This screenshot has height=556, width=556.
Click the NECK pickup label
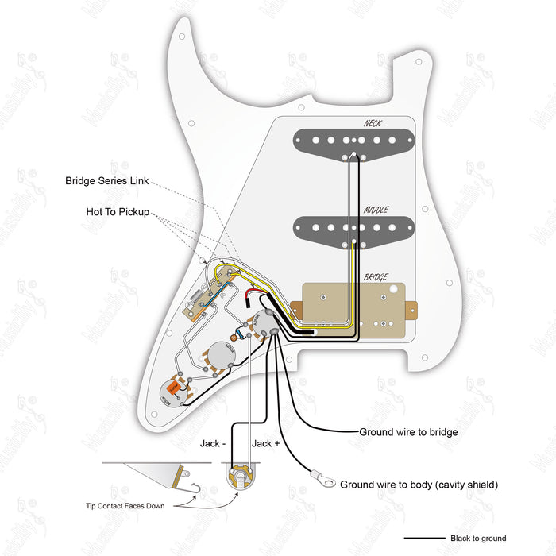click(373, 123)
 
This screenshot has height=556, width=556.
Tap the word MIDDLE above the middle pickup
click(376, 210)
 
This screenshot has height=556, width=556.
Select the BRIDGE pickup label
click(376, 277)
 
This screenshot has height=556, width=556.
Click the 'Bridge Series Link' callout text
click(106, 181)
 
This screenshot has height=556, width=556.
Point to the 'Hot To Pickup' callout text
click(118, 212)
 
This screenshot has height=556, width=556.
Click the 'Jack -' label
click(213, 443)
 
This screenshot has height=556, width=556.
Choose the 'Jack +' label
click(265, 443)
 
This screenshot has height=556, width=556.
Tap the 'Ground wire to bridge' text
click(408, 432)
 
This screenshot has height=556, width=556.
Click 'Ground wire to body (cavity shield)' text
click(419, 484)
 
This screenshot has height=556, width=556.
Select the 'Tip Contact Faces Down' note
click(125, 506)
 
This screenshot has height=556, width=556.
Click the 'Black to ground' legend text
click(477, 538)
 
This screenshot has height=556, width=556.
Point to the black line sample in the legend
click(424, 538)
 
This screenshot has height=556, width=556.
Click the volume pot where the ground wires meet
click(264, 325)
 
